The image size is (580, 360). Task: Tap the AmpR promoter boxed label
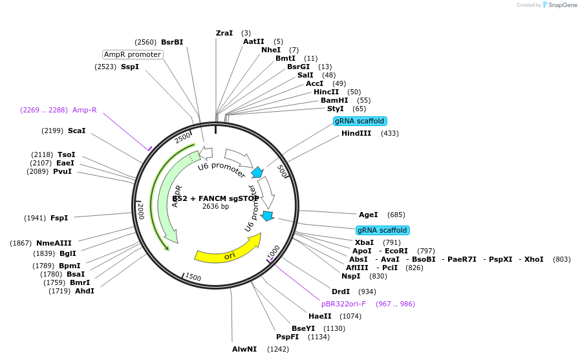(x=133, y=54)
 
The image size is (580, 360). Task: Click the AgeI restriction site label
(x=369, y=215)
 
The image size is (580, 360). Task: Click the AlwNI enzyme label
(x=244, y=349)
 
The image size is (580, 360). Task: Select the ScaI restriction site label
(x=76, y=131)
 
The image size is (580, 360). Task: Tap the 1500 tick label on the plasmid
(x=193, y=277)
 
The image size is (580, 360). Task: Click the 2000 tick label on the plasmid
(x=140, y=210)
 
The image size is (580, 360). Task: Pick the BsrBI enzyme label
(x=172, y=42)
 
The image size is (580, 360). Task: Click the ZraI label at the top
(x=224, y=33)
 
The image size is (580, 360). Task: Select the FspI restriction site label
(x=59, y=218)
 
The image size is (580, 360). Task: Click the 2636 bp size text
(x=215, y=207)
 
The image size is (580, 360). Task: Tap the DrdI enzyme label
(x=341, y=291)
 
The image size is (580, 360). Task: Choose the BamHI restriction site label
(x=334, y=100)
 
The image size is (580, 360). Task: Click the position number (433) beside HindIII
(x=390, y=133)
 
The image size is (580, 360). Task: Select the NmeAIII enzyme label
(x=54, y=243)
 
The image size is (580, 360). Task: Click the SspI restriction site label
(x=130, y=67)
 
